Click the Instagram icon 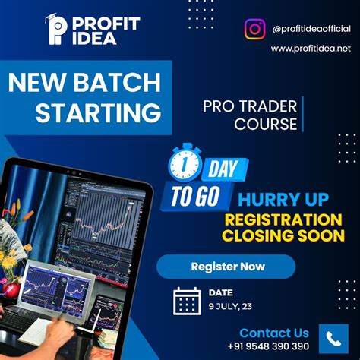coord(255,29)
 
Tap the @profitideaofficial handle coord(310,29)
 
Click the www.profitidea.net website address coord(311,49)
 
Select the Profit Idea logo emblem coord(57,30)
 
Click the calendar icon coord(187,301)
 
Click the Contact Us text coord(274,333)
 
